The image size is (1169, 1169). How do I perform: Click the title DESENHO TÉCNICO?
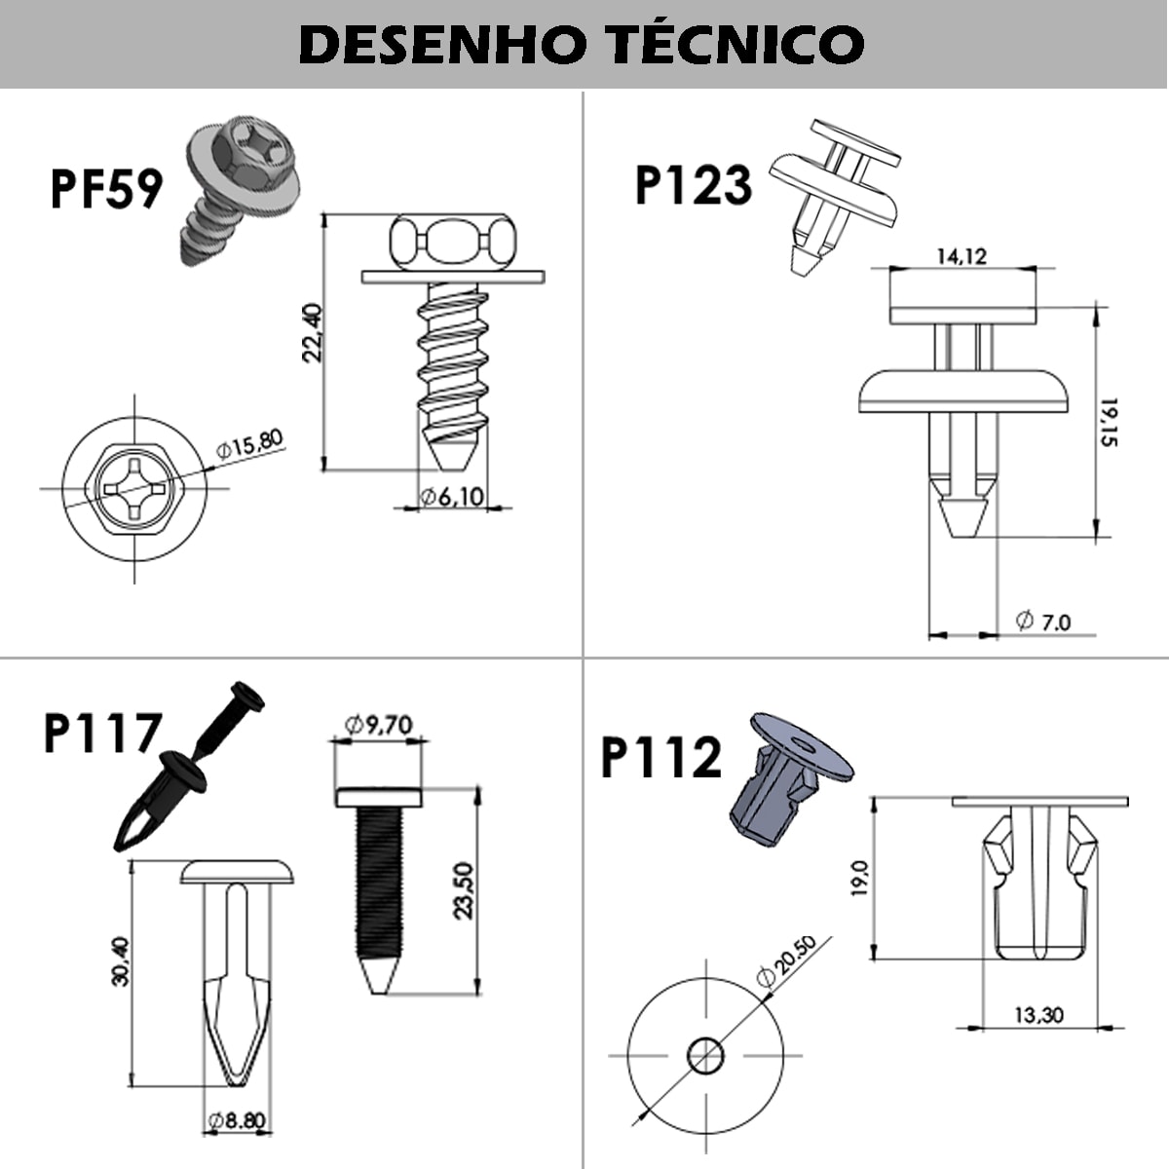pos(582,45)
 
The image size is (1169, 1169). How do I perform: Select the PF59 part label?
pos(105,189)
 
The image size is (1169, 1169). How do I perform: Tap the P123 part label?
pos(693,185)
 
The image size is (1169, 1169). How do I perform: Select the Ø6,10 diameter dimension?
pos(452,497)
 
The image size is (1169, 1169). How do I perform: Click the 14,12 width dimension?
pos(961,256)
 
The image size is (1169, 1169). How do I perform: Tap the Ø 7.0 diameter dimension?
pos(1042,622)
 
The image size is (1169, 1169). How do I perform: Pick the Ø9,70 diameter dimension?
pos(379,724)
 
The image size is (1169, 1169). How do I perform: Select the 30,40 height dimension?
pos(120,961)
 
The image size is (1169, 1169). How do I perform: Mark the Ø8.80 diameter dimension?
pos(237,1121)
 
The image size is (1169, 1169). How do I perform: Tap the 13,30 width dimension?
pos(1038,1015)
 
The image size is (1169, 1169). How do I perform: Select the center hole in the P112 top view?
pos(705,1055)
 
